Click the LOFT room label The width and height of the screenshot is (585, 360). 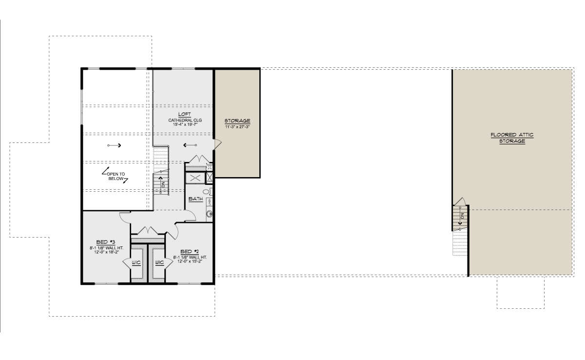[184, 114]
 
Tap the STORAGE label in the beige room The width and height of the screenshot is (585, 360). [237, 120]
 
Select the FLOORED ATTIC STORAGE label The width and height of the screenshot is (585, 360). [512, 138]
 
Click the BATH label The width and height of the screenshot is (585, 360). [195, 199]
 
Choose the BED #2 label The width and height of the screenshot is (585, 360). [190, 251]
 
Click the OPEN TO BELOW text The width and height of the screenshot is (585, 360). [116, 177]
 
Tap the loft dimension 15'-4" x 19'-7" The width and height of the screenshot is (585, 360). [185, 124]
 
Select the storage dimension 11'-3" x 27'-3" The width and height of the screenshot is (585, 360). [237, 127]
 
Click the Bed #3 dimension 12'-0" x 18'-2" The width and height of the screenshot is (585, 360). [107, 252]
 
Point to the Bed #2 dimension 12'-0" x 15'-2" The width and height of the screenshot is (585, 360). [190, 261]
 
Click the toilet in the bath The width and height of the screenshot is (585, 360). [208, 192]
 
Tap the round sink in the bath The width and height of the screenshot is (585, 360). [209, 214]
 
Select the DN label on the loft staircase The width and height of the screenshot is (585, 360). [163, 184]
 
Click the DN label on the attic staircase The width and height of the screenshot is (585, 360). [462, 216]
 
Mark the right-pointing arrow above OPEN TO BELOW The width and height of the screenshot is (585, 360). [114, 145]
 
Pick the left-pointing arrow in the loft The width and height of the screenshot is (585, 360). [190, 145]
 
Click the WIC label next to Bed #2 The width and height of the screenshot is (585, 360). [159, 262]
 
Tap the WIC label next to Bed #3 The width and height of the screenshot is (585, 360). [136, 262]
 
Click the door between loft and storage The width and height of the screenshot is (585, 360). [218, 144]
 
